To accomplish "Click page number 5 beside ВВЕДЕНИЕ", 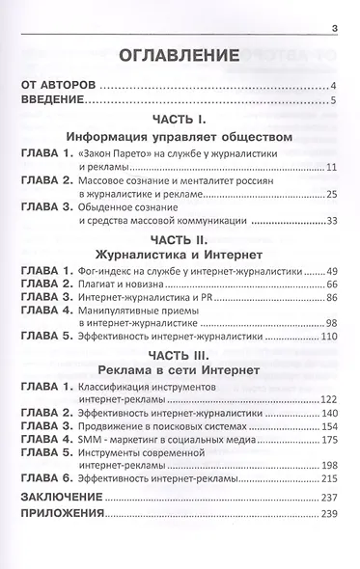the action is pos(331,101).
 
